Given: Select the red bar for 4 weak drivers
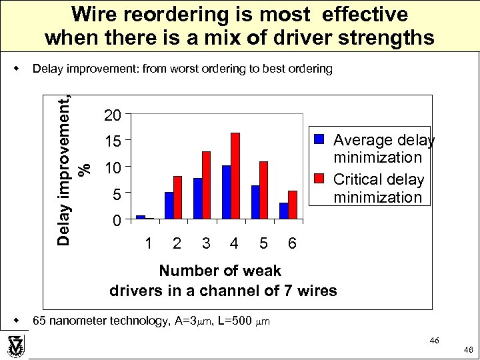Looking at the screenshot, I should (235, 176).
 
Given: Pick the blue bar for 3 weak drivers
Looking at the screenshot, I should (198, 199).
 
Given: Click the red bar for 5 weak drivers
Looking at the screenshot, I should (264, 190).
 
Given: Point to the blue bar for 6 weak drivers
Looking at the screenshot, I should (284, 211).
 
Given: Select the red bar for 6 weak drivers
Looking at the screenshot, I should (293, 205).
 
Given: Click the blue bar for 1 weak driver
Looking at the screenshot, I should (141, 217).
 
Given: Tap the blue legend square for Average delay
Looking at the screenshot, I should (319, 139).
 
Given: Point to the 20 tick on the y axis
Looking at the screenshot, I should (113, 116).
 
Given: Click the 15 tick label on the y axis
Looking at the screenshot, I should (113, 142).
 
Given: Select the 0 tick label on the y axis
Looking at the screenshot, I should (116, 221).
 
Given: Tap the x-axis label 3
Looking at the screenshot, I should (206, 244).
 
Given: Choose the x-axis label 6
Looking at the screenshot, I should (292, 244).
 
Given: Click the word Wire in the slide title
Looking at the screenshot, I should (97, 14).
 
